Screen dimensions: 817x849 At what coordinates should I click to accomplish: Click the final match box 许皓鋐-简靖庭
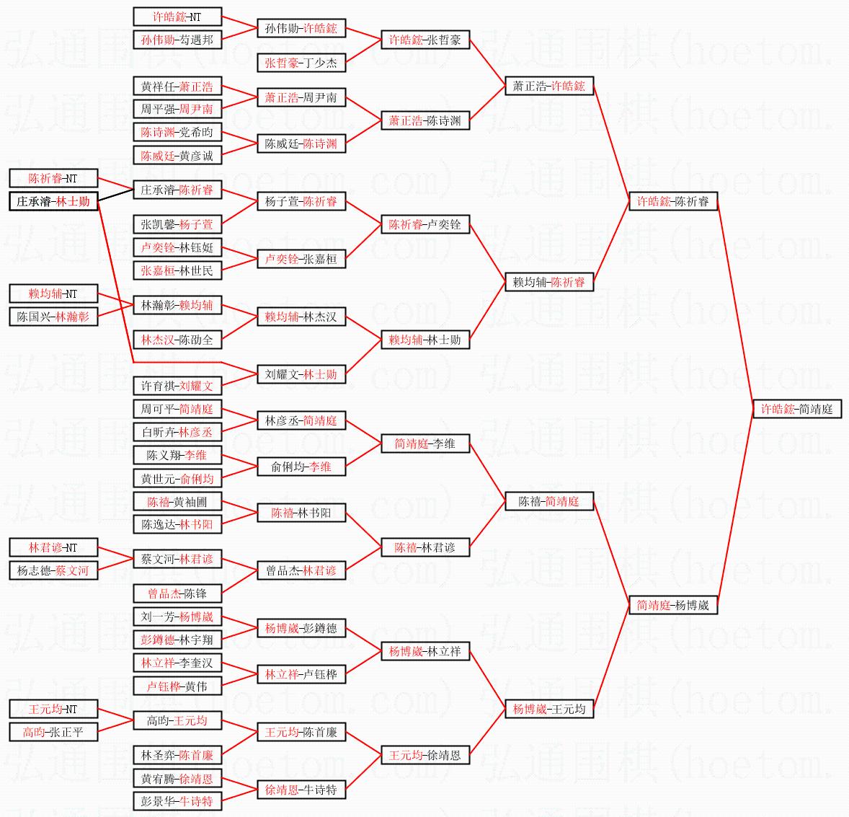click(x=796, y=409)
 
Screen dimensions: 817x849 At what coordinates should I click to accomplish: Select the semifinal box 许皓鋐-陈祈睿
click(x=672, y=201)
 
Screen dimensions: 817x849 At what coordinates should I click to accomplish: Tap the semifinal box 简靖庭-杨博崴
click(x=672, y=605)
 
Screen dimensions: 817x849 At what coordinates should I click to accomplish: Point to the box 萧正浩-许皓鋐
click(x=548, y=86)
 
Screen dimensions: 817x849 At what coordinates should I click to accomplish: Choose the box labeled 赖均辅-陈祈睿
click(x=548, y=282)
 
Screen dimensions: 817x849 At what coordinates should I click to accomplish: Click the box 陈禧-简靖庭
click(x=548, y=501)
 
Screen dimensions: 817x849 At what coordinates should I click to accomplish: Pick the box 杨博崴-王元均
click(x=548, y=709)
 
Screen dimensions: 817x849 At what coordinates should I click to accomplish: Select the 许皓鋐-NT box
click(x=177, y=17)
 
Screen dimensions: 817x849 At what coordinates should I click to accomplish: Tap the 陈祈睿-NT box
click(x=53, y=178)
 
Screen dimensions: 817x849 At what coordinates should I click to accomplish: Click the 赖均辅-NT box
click(x=53, y=293)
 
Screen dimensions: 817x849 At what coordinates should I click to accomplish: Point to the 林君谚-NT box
click(x=53, y=547)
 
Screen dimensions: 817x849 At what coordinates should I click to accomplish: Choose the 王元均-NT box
click(x=53, y=709)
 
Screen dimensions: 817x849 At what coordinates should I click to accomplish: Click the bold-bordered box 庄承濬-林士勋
click(x=53, y=201)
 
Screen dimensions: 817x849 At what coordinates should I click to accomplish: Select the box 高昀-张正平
click(x=53, y=732)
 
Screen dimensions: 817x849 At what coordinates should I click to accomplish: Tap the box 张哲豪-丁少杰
click(x=301, y=63)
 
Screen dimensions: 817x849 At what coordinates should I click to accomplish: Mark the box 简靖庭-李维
click(x=425, y=443)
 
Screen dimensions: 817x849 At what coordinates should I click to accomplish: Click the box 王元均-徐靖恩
click(x=425, y=755)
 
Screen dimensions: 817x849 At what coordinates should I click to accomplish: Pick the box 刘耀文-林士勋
click(x=301, y=374)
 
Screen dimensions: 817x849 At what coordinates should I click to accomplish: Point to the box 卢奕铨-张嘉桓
click(x=301, y=259)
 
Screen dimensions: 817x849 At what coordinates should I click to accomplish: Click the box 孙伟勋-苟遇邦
click(x=177, y=40)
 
